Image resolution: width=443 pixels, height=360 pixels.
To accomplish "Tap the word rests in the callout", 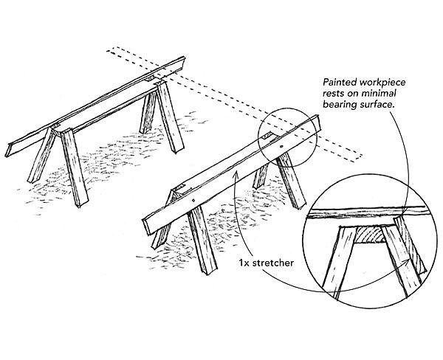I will (x=332, y=94).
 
